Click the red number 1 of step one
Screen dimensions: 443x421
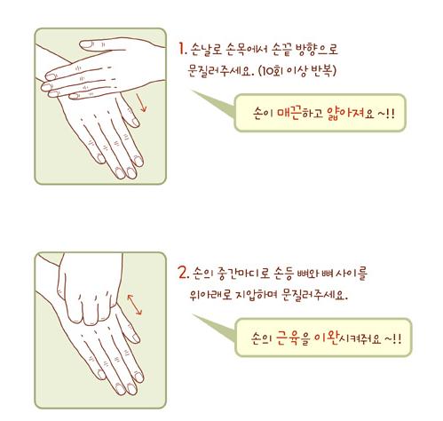click(182, 49)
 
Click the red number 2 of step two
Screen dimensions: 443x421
click(183, 273)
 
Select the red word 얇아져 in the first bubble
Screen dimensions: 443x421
click(345, 113)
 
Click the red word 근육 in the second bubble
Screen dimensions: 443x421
click(287, 338)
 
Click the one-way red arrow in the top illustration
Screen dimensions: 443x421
click(141, 102)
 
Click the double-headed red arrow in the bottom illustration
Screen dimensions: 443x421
click(135, 305)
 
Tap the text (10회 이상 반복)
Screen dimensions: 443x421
click(297, 71)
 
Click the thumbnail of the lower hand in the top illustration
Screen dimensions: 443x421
click(135, 122)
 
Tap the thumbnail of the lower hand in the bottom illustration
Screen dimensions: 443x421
click(135, 338)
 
